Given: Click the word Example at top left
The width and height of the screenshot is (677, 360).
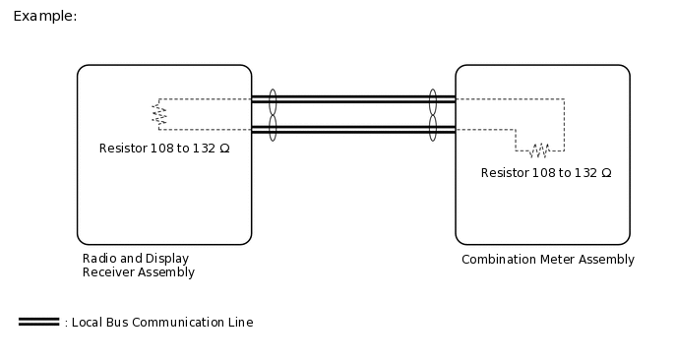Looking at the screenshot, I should [43, 17].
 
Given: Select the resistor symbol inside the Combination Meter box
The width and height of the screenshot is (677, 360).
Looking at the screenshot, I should [538, 150].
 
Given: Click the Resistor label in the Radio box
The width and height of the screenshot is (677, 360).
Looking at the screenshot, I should [164, 149].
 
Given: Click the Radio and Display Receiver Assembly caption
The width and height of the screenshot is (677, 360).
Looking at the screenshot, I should [138, 266].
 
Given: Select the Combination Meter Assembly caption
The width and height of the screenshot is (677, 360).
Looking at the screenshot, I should [547, 260].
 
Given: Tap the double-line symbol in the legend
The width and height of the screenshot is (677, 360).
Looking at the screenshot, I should [38, 322].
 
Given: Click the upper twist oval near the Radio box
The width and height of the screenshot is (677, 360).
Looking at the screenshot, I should [273, 100].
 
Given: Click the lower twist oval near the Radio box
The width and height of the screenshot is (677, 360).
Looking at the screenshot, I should [273, 128].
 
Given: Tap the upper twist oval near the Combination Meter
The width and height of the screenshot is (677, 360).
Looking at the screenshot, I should [432, 100].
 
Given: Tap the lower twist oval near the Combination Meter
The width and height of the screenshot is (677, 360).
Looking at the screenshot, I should [432, 128].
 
